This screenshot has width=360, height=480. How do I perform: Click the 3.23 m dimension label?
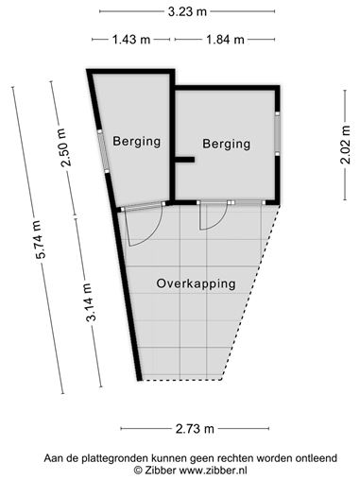[x=187, y=11]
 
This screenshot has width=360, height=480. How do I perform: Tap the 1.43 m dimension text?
[x=131, y=40]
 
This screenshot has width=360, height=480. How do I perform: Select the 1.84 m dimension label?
[x=225, y=40]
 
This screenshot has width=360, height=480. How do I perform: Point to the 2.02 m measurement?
[x=345, y=145]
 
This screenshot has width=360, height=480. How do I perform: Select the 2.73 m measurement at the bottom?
[x=195, y=429]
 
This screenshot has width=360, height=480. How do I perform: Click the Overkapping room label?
[x=196, y=283]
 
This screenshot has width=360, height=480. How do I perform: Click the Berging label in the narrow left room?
[x=137, y=142]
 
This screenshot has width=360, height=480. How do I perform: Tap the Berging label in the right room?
[x=227, y=144]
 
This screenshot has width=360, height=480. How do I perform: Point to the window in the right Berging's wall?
[x=277, y=132]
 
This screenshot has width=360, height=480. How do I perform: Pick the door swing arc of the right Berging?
[x=220, y=221]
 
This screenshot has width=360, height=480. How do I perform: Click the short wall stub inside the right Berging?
[x=184, y=160]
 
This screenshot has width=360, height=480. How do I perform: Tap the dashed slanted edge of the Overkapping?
[x=250, y=292]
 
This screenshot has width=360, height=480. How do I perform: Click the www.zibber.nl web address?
[x=213, y=471]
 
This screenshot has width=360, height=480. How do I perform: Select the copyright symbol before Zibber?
[x=138, y=471]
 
